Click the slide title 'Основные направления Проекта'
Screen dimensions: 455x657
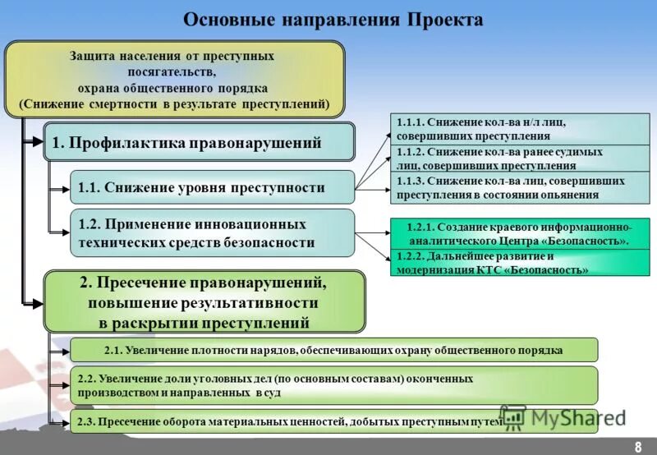click(x=333, y=19)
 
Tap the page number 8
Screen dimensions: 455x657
click(x=637, y=445)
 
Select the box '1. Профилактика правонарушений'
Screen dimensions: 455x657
click(x=199, y=142)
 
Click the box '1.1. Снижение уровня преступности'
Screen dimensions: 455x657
click(x=212, y=187)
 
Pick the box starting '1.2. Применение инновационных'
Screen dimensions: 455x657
click(x=212, y=232)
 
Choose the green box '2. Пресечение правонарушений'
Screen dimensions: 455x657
click(x=204, y=302)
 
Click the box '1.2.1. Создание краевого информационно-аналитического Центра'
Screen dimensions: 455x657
click(x=519, y=233)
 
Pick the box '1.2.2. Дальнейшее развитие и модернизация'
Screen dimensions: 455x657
click(x=519, y=263)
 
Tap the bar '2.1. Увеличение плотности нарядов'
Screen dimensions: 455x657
click(x=333, y=350)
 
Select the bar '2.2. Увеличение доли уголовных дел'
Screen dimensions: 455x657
click(x=333, y=386)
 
